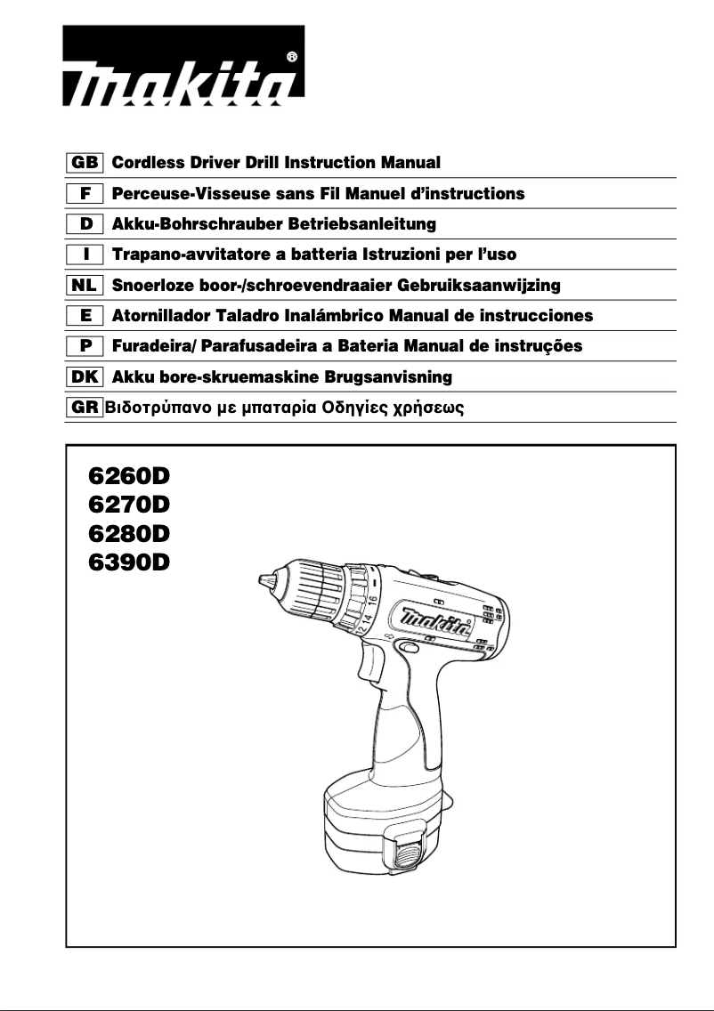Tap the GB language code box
tap(85, 163)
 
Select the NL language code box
tap(85, 286)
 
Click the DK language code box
tap(85, 377)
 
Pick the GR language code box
tap(85, 408)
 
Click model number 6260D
tap(128, 475)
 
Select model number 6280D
tap(128, 534)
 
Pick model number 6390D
tap(128, 563)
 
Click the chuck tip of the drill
tap(263, 581)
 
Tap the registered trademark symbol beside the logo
tap(293, 55)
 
